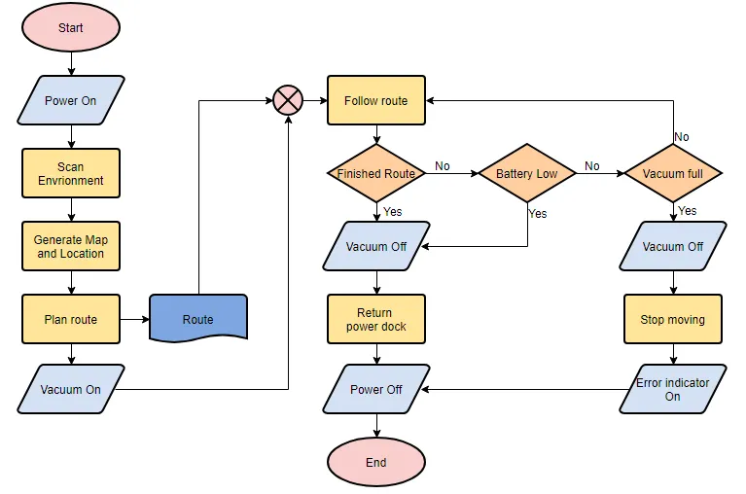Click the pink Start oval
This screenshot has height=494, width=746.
tap(71, 28)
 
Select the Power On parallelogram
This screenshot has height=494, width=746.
tap(71, 101)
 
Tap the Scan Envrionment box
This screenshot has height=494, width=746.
tap(71, 173)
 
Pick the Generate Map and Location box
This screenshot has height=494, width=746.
tap(71, 246)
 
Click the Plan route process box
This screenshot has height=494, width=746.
tap(71, 319)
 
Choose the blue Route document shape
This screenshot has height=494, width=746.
tap(198, 319)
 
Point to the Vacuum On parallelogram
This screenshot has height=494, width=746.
tap(71, 390)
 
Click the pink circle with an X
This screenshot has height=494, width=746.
tap(288, 100)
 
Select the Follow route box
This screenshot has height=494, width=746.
tap(375, 100)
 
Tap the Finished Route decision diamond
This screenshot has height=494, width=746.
tap(375, 174)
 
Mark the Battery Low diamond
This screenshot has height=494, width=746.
tap(527, 174)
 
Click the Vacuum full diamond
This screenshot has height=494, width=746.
tap(673, 174)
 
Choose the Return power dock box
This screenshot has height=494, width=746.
tap(375, 319)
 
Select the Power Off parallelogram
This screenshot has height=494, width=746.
tap(375, 390)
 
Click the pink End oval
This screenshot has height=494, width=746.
tap(375, 463)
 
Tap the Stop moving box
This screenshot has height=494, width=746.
tap(673, 319)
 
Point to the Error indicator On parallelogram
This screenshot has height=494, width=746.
tap(673, 390)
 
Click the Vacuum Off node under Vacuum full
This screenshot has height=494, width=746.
tap(673, 246)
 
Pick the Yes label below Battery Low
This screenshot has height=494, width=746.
tap(538, 214)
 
